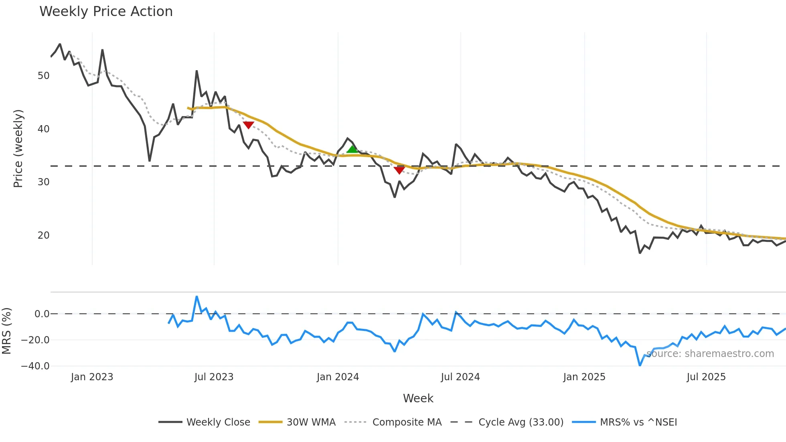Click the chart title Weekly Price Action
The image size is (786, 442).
click(x=106, y=12)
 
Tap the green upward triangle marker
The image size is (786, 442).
click(x=352, y=150)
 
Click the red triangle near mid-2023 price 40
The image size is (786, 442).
click(x=249, y=125)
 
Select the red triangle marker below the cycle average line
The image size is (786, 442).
click(x=399, y=170)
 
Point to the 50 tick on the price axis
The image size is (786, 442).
click(x=44, y=76)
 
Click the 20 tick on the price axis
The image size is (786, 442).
click(x=44, y=235)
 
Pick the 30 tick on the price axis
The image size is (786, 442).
click(x=44, y=182)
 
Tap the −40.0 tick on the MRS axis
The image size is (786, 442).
click(x=35, y=366)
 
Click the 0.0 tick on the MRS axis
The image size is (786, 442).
click(x=42, y=314)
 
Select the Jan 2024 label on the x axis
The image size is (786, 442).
click(x=338, y=377)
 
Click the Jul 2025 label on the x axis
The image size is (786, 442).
click(x=706, y=377)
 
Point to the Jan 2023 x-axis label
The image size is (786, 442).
click(x=92, y=377)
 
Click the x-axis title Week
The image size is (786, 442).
click(x=418, y=398)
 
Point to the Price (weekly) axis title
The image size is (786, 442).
click(x=18, y=148)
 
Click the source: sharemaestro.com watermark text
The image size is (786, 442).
click(x=710, y=354)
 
